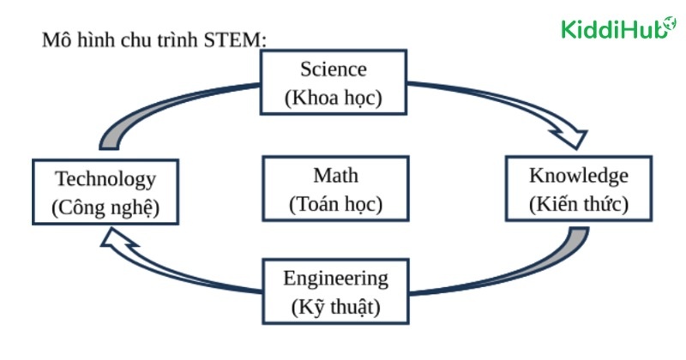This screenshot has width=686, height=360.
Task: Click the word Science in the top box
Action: pos(333,69)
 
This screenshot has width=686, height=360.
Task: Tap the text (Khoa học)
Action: pos(333,97)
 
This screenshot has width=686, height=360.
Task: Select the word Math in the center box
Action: pos(335,176)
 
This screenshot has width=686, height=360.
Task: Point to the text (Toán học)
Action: pos(335,204)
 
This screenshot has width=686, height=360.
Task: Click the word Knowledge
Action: pos(579,176)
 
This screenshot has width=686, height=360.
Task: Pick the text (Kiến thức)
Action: pos(579,204)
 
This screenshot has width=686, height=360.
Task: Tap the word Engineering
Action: pos(335,279)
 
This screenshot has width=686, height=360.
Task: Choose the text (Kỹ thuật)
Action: pos(335,306)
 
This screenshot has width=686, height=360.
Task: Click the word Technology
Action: pos(105,179)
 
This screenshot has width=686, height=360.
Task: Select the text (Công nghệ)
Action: pos(105,207)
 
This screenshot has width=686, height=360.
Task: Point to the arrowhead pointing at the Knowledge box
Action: pos(574,137)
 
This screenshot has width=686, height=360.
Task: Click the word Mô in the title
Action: pos(55,40)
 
